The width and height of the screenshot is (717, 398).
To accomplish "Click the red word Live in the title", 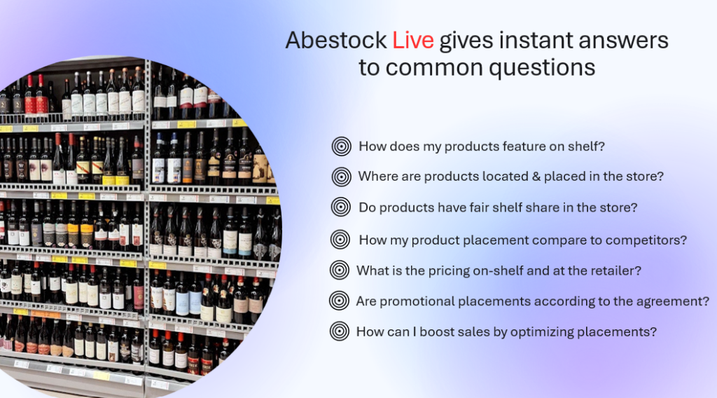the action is (413, 40).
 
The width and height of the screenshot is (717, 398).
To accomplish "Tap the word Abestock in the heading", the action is (337, 40).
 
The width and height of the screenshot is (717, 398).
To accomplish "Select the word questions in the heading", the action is (542, 69).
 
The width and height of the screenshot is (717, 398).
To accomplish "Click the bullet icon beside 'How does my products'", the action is (341, 146).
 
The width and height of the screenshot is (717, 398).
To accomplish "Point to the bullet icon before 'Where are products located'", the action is (341, 177).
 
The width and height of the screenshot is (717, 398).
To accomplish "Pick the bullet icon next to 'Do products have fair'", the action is (341, 207).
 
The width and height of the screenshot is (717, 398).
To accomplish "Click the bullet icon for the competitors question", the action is (340, 239).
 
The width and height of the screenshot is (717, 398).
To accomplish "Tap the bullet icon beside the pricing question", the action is (340, 270).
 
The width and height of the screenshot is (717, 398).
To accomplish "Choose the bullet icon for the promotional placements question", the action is (339, 301).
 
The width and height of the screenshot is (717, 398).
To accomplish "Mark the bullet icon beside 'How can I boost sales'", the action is (340, 331).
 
